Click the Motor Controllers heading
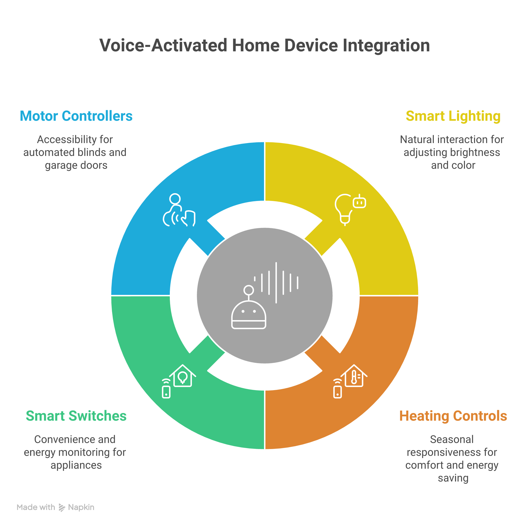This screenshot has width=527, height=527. [76, 116]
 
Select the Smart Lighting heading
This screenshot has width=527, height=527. [453, 116]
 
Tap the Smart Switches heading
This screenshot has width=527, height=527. [76, 416]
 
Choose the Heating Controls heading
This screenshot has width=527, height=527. [453, 416]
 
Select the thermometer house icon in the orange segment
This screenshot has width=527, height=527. [354, 376]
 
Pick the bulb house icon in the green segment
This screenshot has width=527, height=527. [182, 376]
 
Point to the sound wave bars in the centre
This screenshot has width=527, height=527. [276, 282]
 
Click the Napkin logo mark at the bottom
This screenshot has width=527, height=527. [62, 508]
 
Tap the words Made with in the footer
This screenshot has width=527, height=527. [36, 507]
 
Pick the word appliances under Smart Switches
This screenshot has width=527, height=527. [76, 465]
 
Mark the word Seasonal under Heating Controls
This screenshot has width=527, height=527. [452, 440]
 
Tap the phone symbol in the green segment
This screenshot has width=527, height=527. [166, 390]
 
